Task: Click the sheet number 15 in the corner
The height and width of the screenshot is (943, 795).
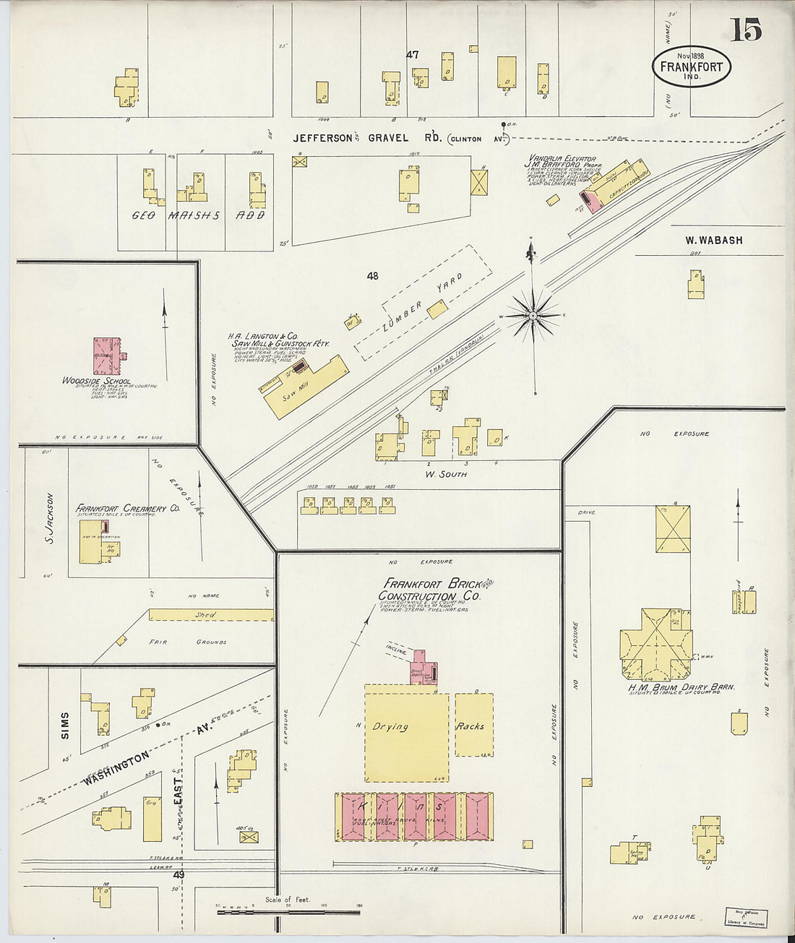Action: coord(746,30)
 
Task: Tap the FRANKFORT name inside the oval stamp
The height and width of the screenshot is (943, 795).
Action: coord(691,67)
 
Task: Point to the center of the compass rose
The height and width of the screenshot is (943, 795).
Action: coord(533,315)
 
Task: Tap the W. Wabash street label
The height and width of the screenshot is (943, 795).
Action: coord(713,240)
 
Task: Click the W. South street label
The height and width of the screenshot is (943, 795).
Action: coord(445,474)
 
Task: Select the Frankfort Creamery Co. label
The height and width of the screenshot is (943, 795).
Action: coord(127,509)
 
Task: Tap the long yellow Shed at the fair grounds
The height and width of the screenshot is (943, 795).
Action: coord(210,615)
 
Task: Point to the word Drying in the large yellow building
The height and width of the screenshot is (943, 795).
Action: coord(390,727)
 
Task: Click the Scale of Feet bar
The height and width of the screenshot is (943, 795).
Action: coord(288,912)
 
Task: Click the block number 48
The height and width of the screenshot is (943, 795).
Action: coord(372,275)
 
